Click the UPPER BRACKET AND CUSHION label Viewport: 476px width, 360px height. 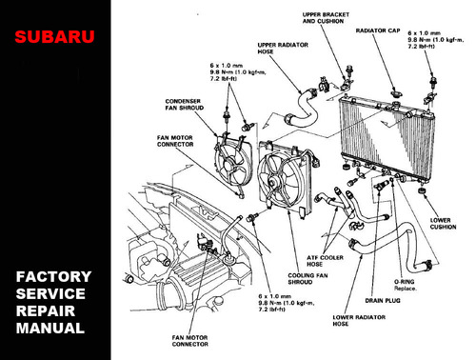pos(325,19)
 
